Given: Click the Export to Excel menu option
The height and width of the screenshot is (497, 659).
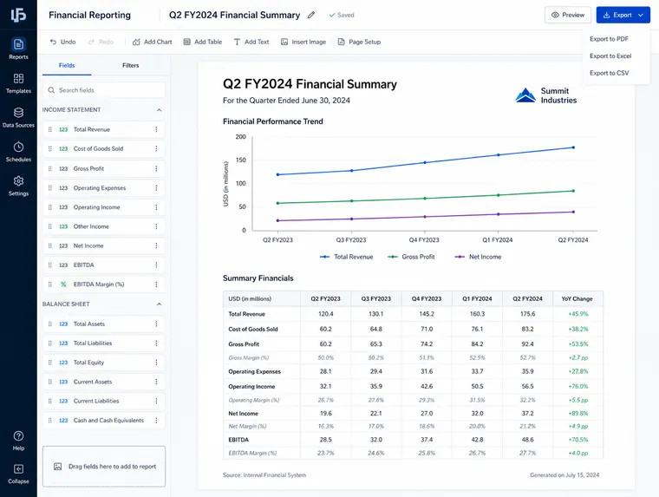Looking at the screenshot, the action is [x=610, y=56].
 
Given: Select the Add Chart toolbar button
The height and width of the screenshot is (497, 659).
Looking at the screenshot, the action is [x=152, y=42].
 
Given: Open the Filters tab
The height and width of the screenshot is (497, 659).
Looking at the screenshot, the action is [x=130, y=66].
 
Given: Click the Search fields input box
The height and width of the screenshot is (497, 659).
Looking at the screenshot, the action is [x=104, y=90].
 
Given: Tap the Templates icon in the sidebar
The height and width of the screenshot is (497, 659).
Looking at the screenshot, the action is [x=18, y=79].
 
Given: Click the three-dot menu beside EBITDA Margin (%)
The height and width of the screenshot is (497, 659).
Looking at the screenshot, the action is [x=156, y=284].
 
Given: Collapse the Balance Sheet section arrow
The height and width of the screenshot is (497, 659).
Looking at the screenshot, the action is [x=159, y=304].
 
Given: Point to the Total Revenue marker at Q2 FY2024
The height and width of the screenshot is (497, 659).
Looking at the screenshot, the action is [x=573, y=147].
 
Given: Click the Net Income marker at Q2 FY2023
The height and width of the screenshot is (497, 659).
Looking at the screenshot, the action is [x=277, y=221].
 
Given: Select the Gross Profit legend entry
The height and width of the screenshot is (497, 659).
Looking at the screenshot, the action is [x=411, y=257].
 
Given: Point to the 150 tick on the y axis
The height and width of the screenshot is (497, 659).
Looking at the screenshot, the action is [x=241, y=160].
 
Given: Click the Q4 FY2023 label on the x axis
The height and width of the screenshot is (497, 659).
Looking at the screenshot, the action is [x=424, y=240].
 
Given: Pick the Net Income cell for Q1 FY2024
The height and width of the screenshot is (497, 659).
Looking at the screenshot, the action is [x=477, y=414].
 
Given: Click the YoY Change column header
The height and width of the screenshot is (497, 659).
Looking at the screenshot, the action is [x=577, y=299].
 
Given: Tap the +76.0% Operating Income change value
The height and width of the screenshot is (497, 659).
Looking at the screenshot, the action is [x=578, y=387].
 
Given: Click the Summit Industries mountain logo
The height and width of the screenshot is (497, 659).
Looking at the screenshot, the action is [x=525, y=95].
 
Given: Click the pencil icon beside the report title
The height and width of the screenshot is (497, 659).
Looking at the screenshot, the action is [x=311, y=15].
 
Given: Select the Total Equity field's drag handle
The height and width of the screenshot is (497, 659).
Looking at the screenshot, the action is [x=50, y=363].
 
